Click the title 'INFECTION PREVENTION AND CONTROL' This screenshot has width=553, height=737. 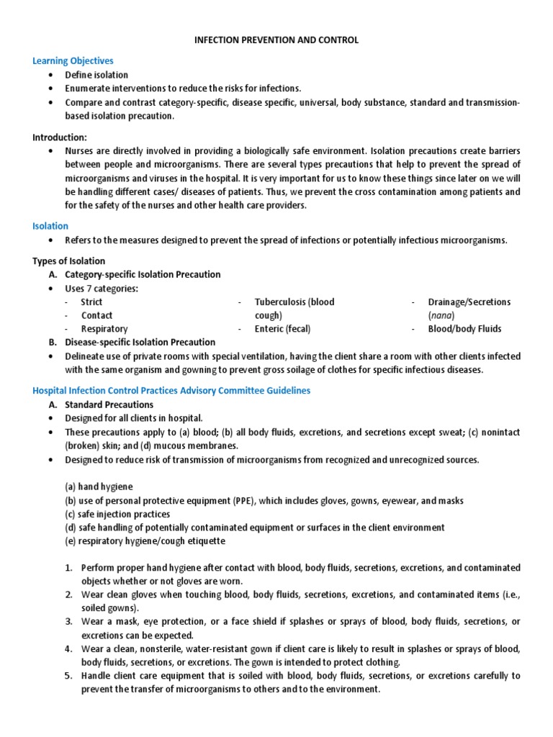pos(276,40)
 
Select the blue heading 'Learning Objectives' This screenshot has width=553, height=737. pos(73,61)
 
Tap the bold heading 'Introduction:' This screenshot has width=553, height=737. pos(60,137)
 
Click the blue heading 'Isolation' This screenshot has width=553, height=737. pos(50,226)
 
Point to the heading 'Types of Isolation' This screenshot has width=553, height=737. pos(69,261)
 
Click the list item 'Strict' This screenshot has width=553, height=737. pos(91,302)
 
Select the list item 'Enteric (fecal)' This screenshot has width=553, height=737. pos(286,329)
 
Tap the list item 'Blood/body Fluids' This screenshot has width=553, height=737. pos(464,329)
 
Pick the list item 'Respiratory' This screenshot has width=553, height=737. pos(104,329)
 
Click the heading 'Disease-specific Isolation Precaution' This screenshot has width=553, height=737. pos(140,342)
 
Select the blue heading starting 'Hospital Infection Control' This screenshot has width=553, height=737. pos(171,390)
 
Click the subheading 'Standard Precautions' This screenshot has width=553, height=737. pos(109,404)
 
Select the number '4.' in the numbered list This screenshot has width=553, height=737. pos(68,648)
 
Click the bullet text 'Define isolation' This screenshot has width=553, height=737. pos(96,75)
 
